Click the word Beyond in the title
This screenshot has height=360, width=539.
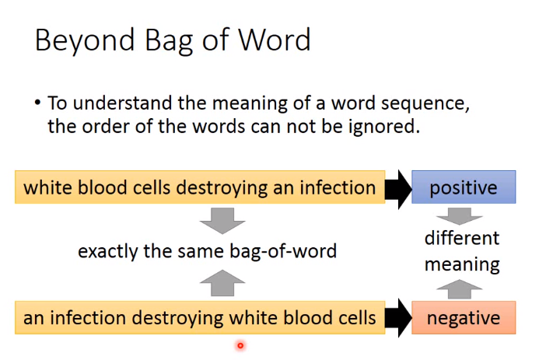85,41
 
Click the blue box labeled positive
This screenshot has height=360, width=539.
464,187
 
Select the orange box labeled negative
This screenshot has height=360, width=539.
464,317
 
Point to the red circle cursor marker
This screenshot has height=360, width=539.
240,345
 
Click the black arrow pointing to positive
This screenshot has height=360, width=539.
398,189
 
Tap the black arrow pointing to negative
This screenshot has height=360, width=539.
398,318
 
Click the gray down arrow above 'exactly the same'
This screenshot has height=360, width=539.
222,221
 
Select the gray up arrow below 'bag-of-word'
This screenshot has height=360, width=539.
222,283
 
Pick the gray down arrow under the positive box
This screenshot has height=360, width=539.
460,216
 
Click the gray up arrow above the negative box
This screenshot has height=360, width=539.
460,289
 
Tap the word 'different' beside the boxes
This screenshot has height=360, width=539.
462,238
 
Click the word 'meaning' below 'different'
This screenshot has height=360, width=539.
462,265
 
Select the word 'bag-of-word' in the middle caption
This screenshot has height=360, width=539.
283,251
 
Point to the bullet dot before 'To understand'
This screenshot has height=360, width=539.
38,102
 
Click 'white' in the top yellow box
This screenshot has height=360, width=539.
47,187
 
